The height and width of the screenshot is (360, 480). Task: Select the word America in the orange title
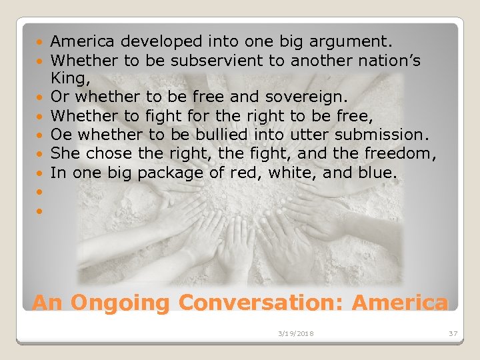pos(399,302)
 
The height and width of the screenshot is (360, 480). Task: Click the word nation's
pos(397,61)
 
